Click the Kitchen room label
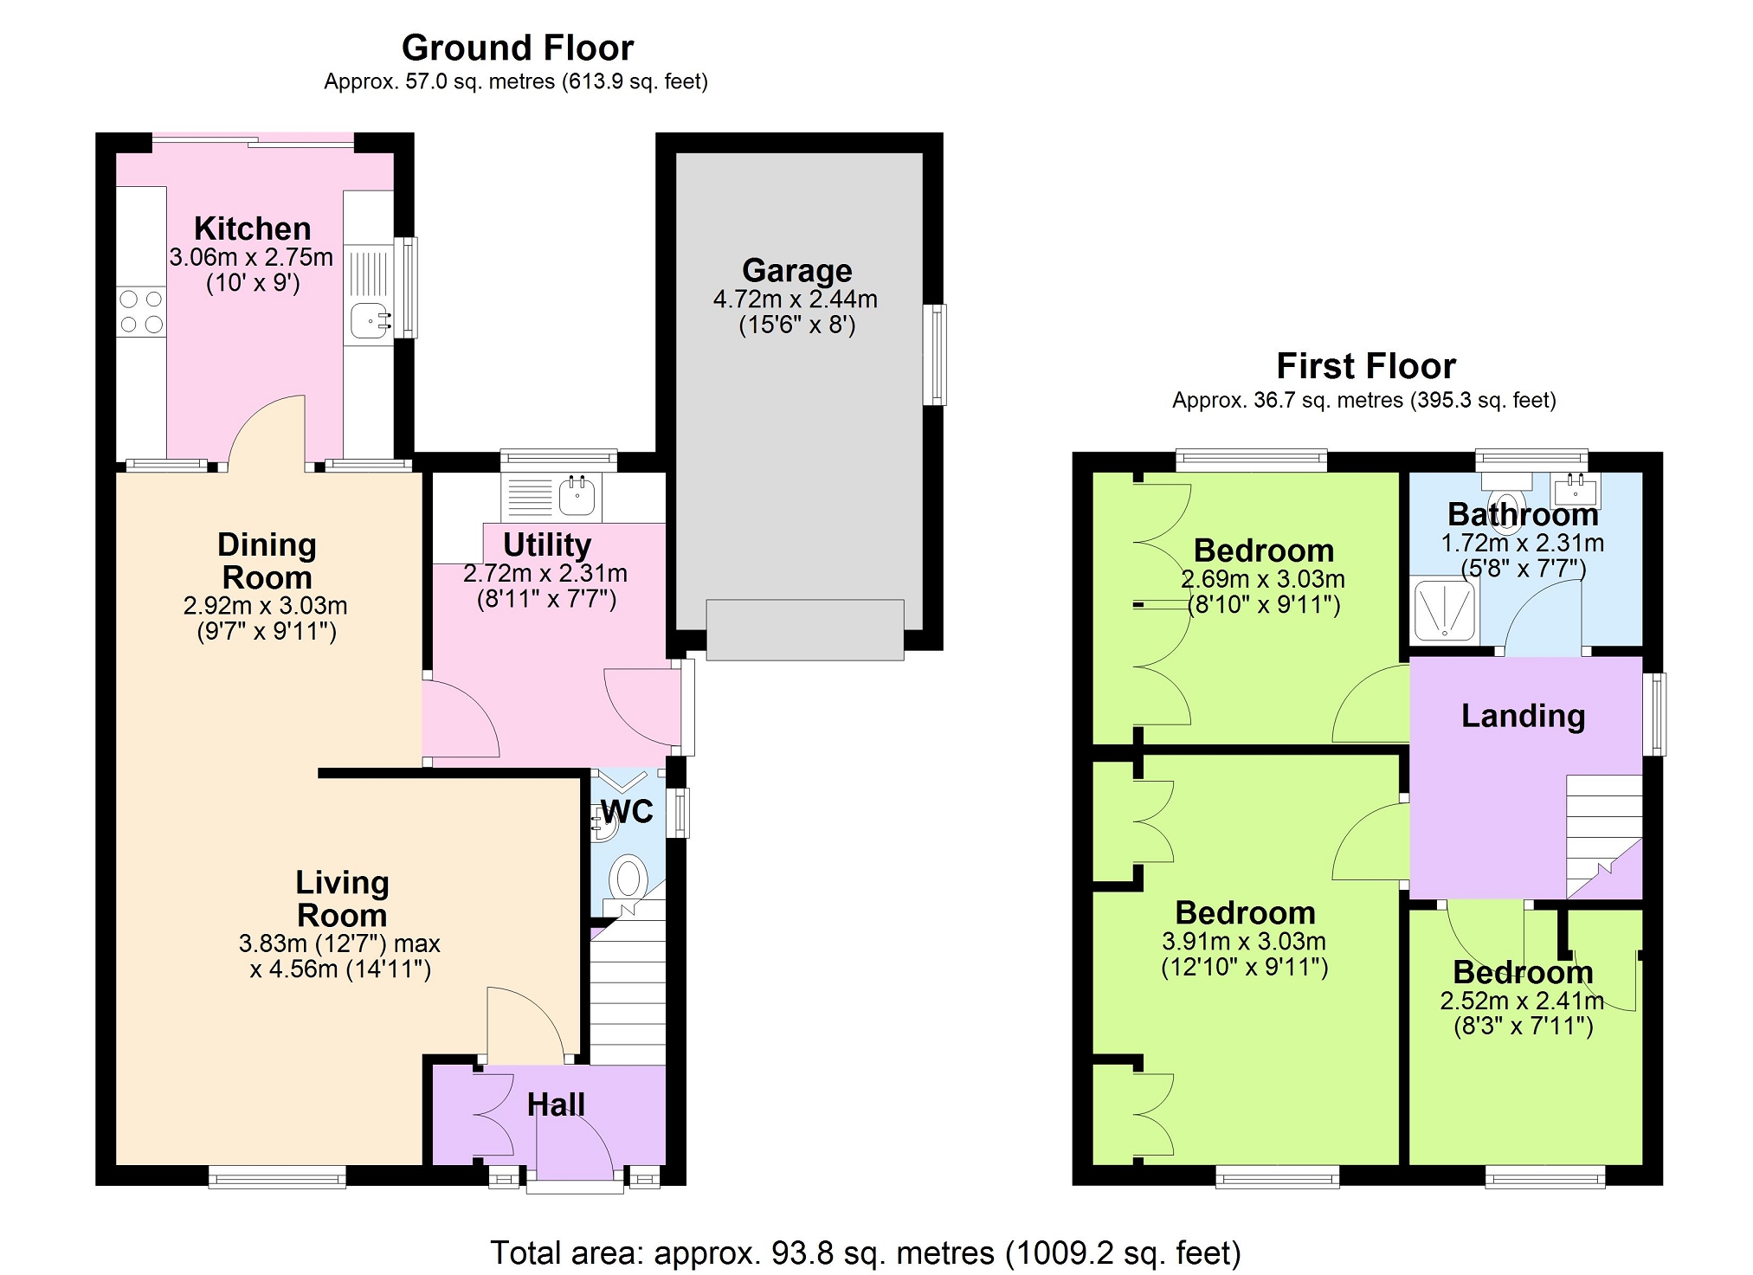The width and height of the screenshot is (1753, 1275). coord(252,229)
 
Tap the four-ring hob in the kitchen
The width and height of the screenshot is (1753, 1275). coord(141,312)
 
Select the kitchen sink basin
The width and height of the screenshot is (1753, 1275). coord(371,321)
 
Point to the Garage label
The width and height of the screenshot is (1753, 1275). coord(797,271)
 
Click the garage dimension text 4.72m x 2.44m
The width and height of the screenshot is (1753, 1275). coord(796,299)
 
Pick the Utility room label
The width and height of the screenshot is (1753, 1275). coord(547,544)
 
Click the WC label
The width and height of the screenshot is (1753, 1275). coord(628,812)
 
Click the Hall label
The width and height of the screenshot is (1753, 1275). coord(556,1104)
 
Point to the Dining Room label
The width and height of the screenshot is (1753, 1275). coord(267,561)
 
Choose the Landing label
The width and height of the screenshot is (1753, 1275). coord(1524,716)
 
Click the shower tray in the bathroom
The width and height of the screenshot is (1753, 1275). coord(1444,610)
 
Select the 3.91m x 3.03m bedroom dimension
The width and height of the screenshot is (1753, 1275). coord(1244,941)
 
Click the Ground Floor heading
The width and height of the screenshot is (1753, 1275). coord(518,48)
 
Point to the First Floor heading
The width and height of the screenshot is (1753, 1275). coord(1366,366)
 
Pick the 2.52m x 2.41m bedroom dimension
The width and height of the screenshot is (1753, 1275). coord(1522,1001)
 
